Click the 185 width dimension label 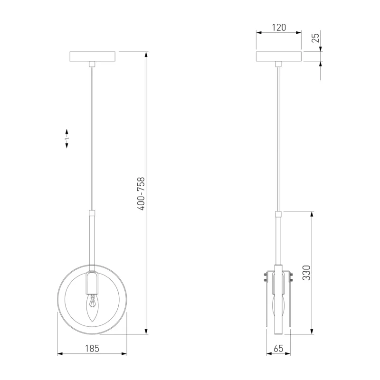coord(92,349)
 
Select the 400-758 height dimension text coord(141,194)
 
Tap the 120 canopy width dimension coord(279,28)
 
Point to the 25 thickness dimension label coord(316,38)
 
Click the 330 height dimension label coord(306,273)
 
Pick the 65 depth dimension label coord(278,349)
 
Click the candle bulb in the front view coord(92,308)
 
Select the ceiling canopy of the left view coord(92,57)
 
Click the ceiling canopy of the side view coord(279,57)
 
